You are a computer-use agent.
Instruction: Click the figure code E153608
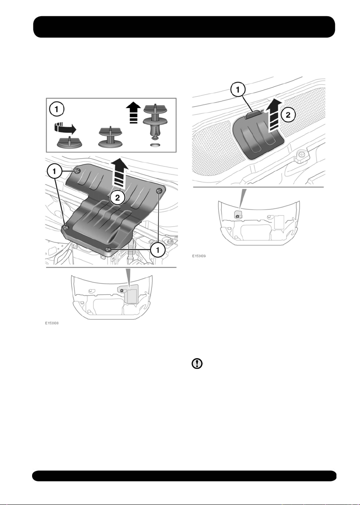[52, 323]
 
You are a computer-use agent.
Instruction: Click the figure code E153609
[199, 256]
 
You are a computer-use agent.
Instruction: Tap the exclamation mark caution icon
[197, 364]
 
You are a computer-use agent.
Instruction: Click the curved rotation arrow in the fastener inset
[65, 128]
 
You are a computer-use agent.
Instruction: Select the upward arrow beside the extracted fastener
[133, 112]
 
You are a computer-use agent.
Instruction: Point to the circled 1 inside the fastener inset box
[56, 109]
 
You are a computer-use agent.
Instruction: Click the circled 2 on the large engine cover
[117, 198]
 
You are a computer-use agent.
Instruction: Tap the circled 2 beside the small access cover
[288, 115]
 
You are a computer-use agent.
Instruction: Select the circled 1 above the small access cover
[238, 90]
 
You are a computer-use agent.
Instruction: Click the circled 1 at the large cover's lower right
[158, 250]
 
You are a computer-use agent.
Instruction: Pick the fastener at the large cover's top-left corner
[77, 170]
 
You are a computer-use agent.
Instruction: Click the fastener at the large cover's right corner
[159, 191]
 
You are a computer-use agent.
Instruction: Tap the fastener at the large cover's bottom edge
[108, 249]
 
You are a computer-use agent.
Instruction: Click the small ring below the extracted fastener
[155, 144]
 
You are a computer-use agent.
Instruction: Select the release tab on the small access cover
[254, 115]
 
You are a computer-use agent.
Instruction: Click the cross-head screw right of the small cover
[301, 155]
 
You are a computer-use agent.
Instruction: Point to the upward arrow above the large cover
[119, 173]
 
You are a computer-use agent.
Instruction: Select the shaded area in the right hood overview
[238, 215]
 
